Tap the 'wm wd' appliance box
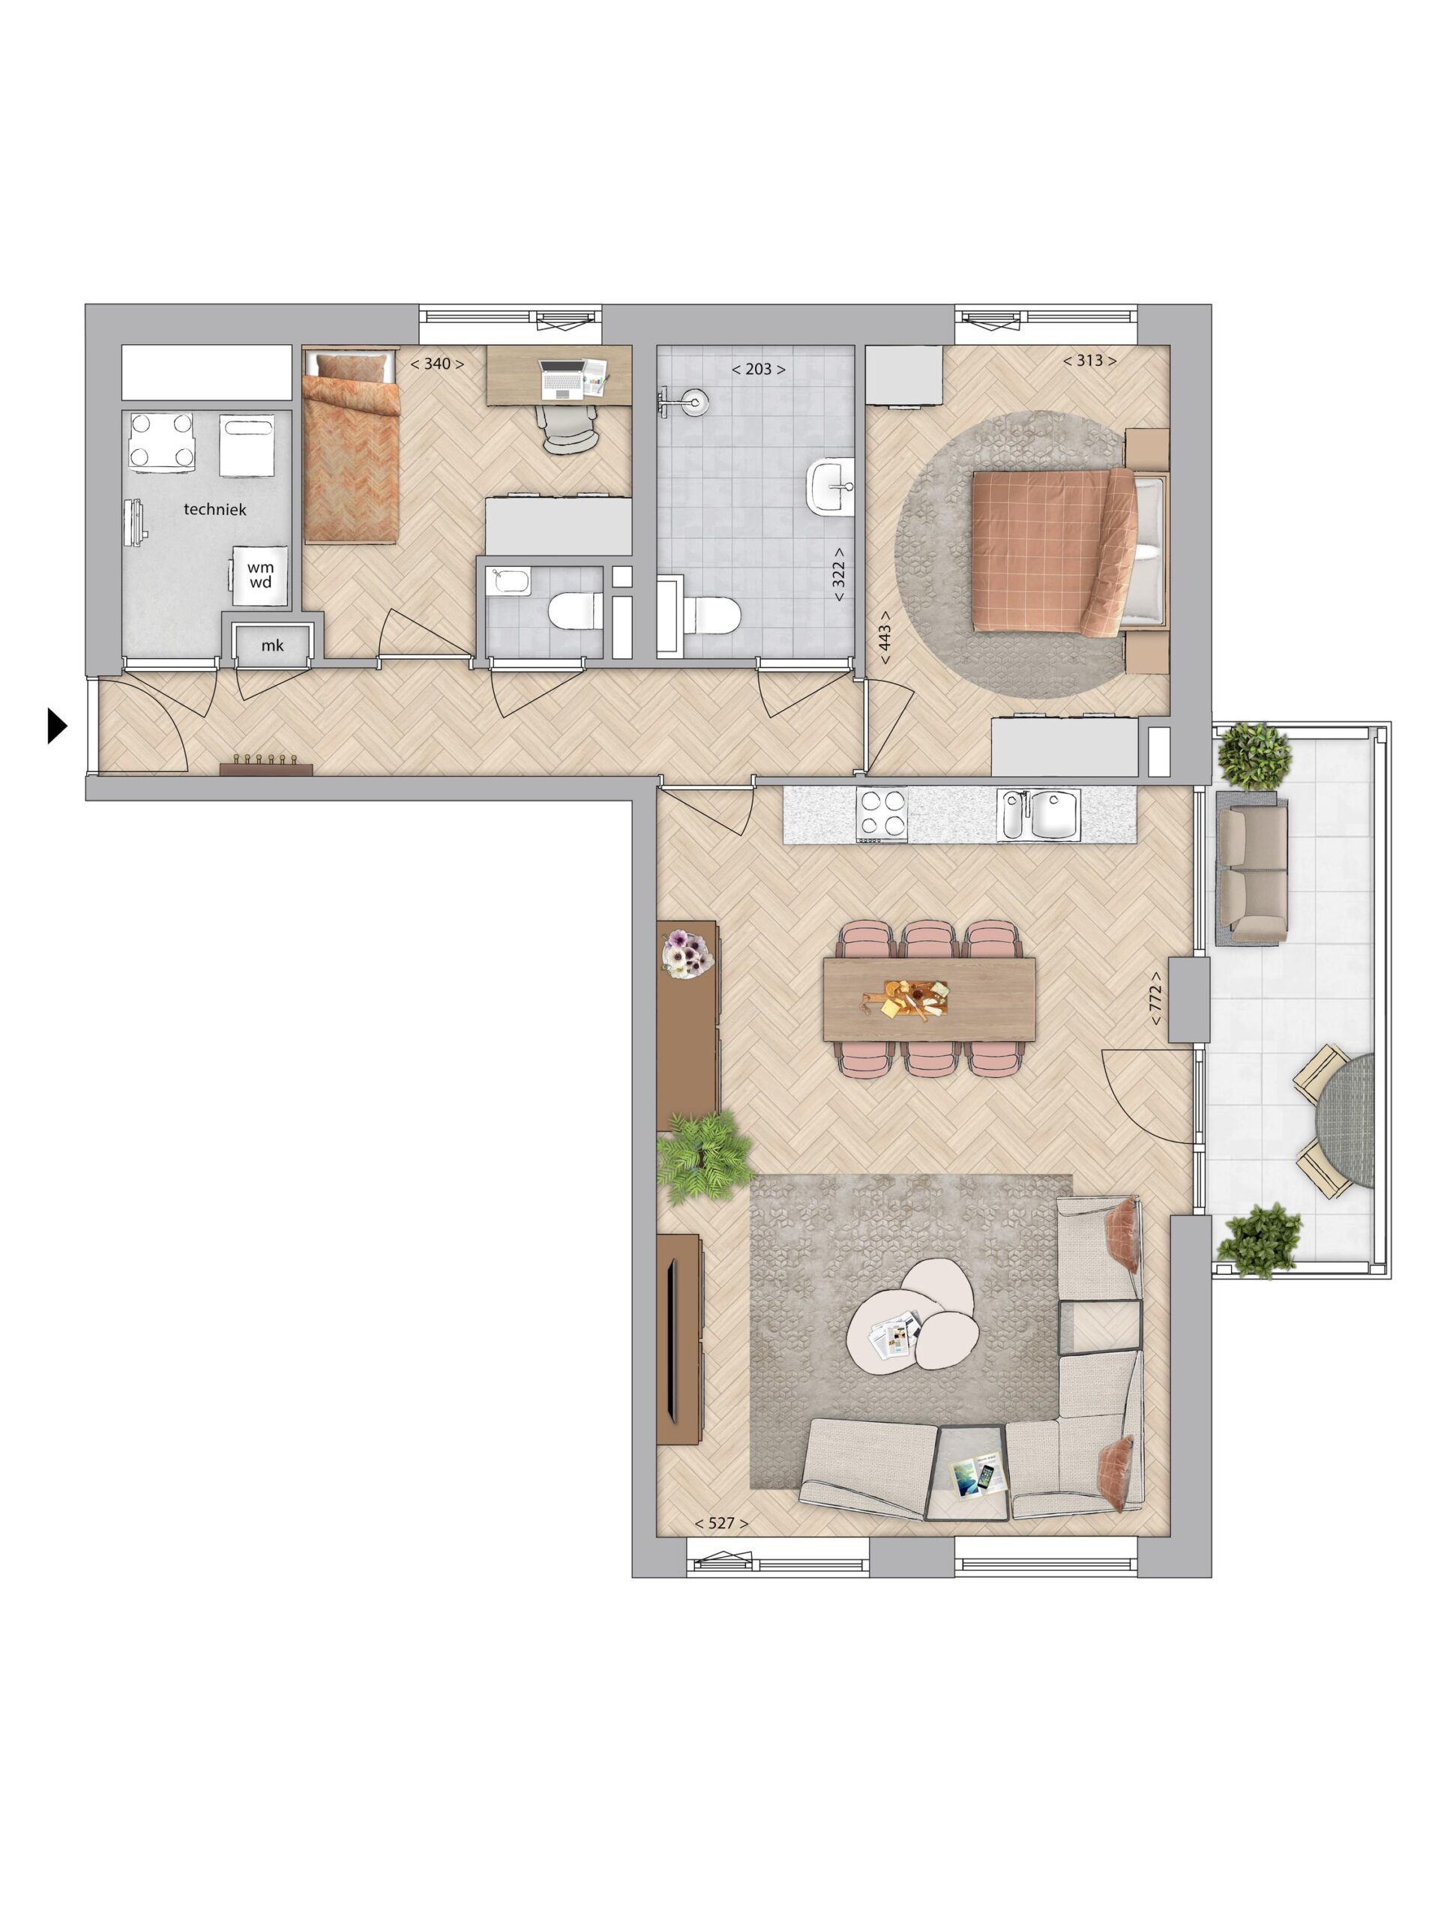(259, 575)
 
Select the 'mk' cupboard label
(272, 645)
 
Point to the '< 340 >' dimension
(436, 364)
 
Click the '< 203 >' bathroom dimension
(757, 369)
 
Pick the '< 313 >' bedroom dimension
(1089, 360)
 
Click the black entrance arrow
(56, 726)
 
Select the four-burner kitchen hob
(882, 816)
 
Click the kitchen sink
(1038, 815)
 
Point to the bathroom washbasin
(830, 486)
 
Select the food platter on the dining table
(915, 999)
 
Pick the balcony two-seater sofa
(1252, 867)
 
